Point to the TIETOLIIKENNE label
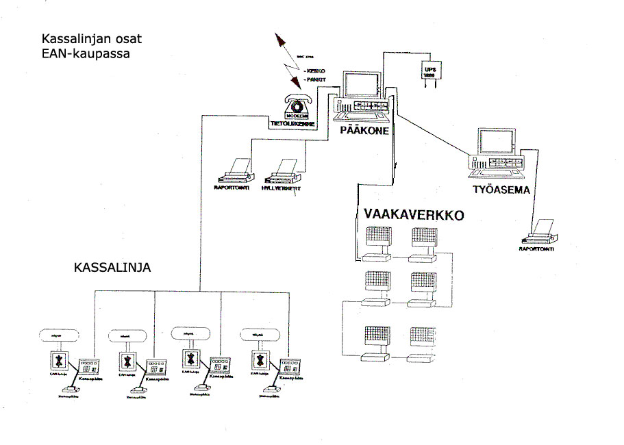tap(292, 124)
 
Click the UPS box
tap(431, 72)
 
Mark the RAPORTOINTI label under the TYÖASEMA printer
tap(539, 249)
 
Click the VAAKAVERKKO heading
tap(414, 215)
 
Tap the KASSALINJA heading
tap(112, 268)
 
